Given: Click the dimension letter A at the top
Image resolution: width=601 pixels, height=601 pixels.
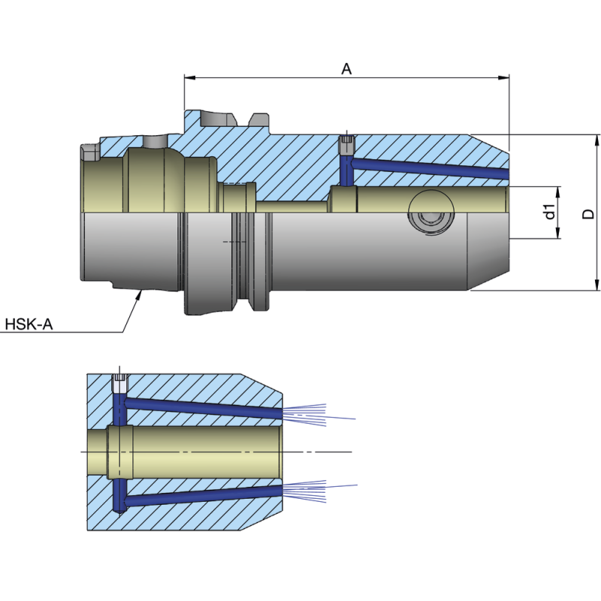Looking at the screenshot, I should (346, 68).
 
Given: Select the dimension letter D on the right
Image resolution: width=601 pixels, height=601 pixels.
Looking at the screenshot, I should (588, 214).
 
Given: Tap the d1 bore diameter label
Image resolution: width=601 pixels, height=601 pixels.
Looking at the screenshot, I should (550, 213).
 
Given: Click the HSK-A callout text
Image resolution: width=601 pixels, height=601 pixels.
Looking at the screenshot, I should (29, 325).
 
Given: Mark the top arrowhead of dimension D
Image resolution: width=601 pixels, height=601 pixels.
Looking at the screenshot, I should (597, 140).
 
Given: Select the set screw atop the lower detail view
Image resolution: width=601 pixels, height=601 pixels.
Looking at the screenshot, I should (119, 383).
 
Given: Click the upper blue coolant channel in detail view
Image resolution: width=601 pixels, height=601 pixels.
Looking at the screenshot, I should (203, 406).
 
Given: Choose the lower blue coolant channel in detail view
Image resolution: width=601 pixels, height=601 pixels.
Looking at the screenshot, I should (203, 496).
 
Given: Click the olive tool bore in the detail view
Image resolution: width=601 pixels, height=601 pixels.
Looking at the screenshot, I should (195, 451).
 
